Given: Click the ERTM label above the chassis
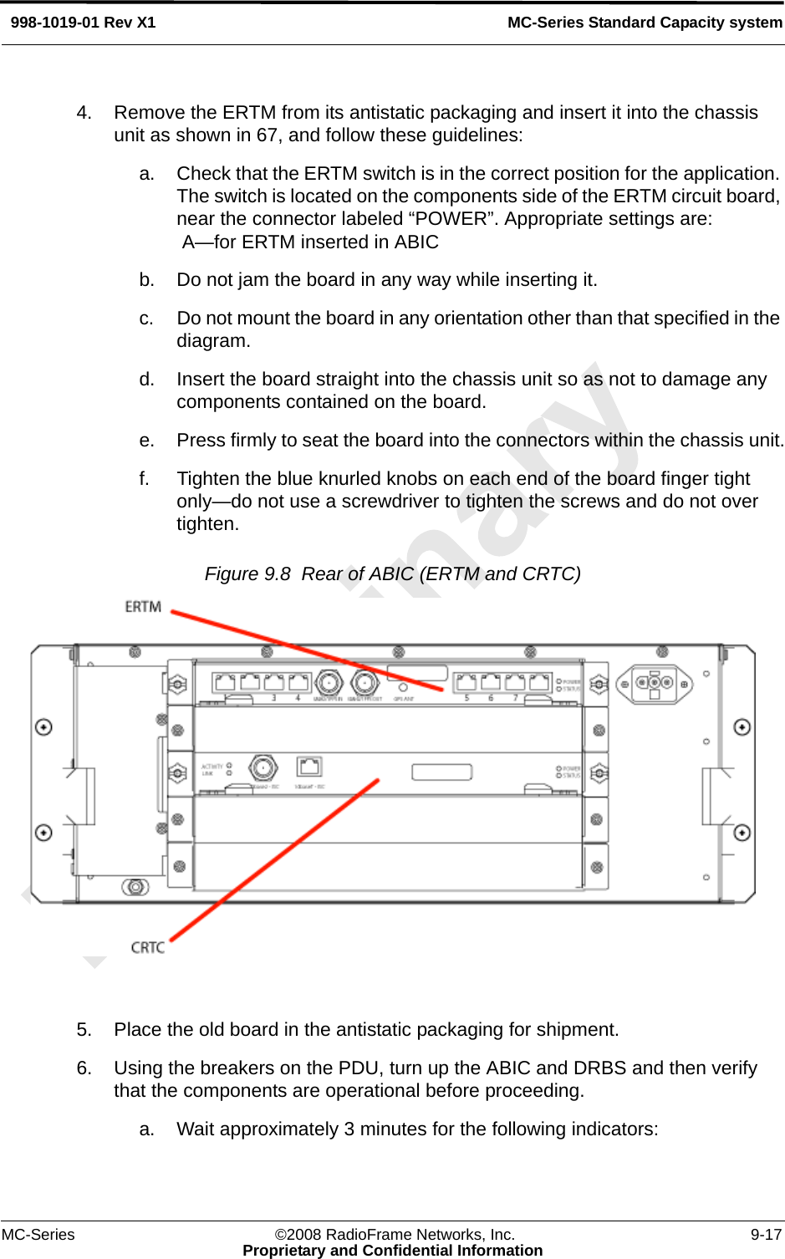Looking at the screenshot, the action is [143, 607].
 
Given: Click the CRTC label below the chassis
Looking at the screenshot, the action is [148, 947].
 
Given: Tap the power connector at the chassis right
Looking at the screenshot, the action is [655, 684].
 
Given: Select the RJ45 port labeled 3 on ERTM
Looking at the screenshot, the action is [273, 682].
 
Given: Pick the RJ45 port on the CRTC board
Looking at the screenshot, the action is [309, 766].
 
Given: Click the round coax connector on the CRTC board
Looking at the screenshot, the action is [263, 767].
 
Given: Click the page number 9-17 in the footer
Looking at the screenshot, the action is [766, 1235].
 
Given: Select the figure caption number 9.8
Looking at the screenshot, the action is [277, 574].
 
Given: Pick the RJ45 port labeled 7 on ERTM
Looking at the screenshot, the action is [516, 682].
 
